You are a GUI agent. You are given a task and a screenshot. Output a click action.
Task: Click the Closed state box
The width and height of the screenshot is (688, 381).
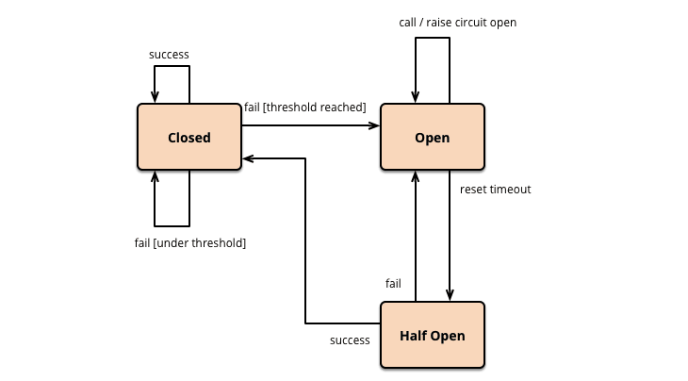pyautogui.click(x=189, y=138)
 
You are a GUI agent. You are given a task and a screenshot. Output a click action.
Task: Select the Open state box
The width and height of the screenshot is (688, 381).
pyautogui.click(x=432, y=138)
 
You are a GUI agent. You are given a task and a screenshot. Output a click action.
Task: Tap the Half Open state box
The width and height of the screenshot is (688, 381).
pyautogui.click(x=432, y=336)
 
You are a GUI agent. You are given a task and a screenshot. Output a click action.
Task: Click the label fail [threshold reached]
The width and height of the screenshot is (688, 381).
pyautogui.click(x=304, y=108)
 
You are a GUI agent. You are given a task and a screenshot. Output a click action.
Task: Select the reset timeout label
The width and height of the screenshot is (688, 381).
pyautogui.click(x=495, y=190)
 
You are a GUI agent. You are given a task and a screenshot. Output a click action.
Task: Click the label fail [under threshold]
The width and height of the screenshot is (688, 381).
pyautogui.click(x=190, y=243)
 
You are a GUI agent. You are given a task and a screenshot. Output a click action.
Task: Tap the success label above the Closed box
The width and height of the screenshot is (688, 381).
pyautogui.click(x=170, y=55)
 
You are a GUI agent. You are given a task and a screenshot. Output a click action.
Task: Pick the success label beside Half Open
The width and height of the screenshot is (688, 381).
pyautogui.click(x=350, y=340)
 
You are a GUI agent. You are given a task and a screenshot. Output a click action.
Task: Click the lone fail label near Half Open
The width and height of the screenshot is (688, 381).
pyautogui.click(x=394, y=283)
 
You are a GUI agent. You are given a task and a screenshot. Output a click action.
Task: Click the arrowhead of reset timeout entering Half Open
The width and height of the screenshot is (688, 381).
pyautogui.click(x=450, y=295)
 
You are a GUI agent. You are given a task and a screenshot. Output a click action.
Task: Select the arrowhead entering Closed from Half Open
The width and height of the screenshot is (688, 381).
pyautogui.click(x=249, y=158)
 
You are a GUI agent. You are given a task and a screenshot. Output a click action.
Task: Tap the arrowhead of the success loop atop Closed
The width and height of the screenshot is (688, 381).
pyautogui.click(x=156, y=97)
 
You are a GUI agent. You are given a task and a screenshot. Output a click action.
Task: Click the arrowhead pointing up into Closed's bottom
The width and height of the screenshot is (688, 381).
pyautogui.click(x=156, y=178)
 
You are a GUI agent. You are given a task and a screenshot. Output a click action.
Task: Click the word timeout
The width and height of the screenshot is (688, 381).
pyautogui.click(x=510, y=190)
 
